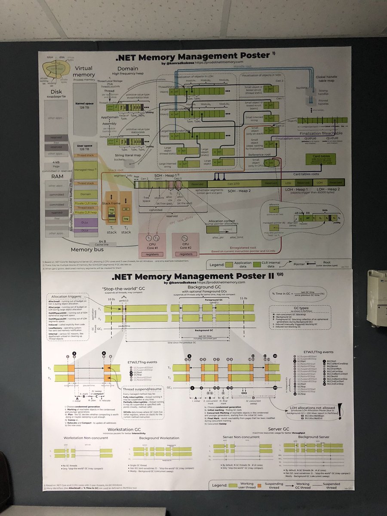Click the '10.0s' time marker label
[111, 298]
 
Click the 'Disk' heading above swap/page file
[57, 92]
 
